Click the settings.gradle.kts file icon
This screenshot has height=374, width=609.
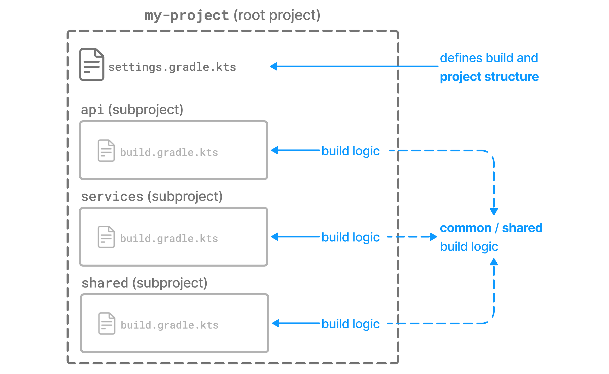(x=92, y=64)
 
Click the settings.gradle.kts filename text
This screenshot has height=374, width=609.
(x=172, y=67)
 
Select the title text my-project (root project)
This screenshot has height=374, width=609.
(x=232, y=15)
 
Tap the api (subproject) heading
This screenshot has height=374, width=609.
(x=132, y=110)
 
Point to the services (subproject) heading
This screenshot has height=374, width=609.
(x=152, y=196)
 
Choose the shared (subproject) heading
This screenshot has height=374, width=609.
(x=145, y=283)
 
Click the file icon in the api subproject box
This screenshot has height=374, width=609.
(x=106, y=151)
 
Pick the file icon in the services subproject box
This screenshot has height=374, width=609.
(x=106, y=237)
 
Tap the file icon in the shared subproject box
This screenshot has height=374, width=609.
(x=107, y=323)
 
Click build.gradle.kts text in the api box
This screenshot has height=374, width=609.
(x=169, y=152)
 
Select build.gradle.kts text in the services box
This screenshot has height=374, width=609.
(x=169, y=239)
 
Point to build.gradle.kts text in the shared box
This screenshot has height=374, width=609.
(x=170, y=325)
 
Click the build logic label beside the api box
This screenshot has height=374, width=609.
(x=350, y=151)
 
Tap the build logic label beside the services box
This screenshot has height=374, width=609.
(x=350, y=237)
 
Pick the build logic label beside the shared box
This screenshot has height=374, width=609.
(x=350, y=324)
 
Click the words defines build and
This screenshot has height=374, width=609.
(x=489, y=58)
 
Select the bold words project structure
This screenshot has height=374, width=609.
(x=489, y=77)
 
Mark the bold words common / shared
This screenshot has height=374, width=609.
(x=491, y=228)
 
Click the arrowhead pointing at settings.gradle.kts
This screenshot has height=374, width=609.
(x=273, y=66)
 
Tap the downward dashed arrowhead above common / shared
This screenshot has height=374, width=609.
(x=494, y=212)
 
